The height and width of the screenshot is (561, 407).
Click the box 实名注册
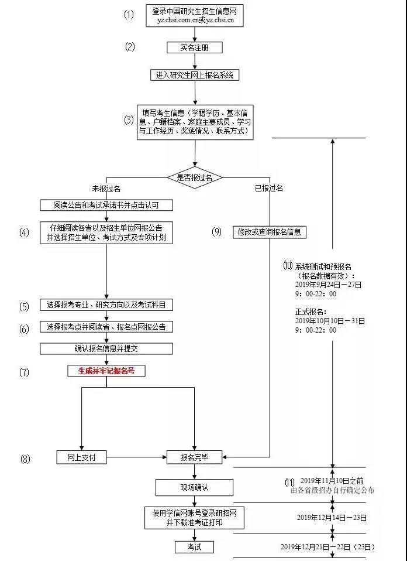(x=194, y=47)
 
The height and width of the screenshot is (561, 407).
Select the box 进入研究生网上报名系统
(x=194, y=75)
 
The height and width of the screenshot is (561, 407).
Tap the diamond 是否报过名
(x=194, y=176)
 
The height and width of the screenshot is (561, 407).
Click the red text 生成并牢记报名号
(x=106, y=371)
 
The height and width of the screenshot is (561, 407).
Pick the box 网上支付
(x=81, y=457)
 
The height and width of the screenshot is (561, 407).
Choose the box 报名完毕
(x=194, y=457)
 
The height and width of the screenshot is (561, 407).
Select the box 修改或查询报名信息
(x=270, y=232)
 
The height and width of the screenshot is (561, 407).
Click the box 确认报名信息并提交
(x=106, y=348)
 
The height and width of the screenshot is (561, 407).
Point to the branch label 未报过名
(x=106, y=189)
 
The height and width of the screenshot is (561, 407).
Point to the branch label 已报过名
(x=269, y=189)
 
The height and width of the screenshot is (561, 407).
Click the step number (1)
(x=129, y=15)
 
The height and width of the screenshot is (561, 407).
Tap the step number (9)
(x=217, y=232)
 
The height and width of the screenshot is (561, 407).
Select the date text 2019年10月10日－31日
(x=330, y=321)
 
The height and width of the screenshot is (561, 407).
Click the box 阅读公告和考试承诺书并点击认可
(x=106, y=205)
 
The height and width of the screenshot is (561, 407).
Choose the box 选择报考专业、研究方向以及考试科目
(x=106, y=305)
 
